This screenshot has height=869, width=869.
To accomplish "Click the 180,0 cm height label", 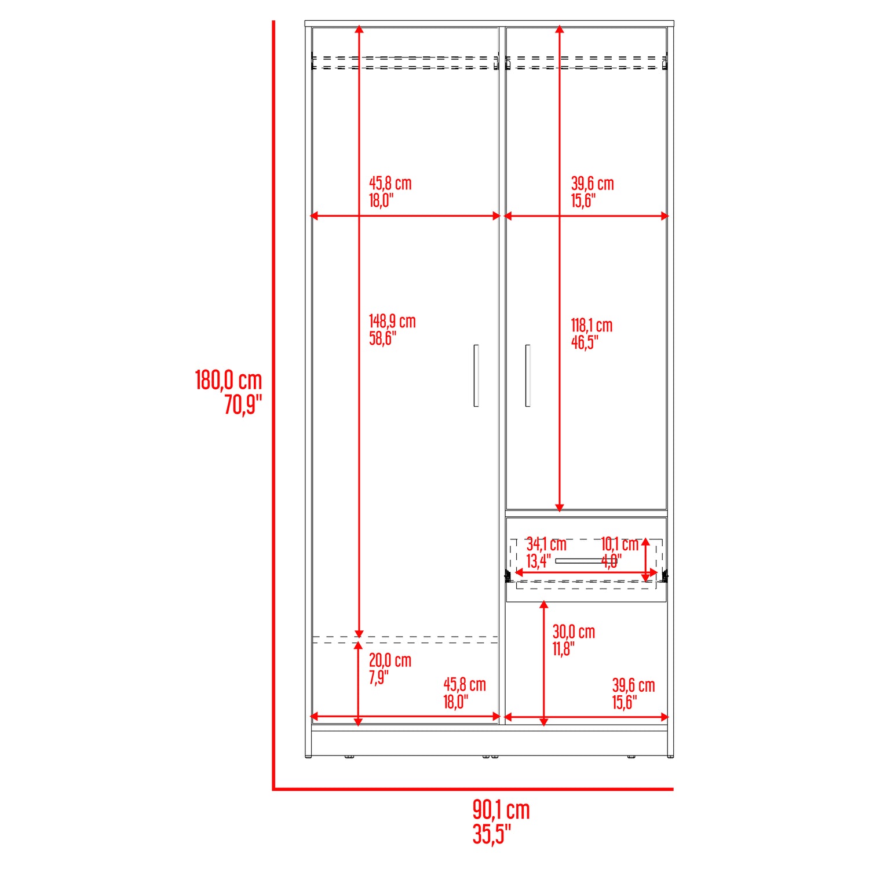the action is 229,381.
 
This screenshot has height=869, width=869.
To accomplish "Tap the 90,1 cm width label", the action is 501,810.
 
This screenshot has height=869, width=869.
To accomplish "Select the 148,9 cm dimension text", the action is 392,322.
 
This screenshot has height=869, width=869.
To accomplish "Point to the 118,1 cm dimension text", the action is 591,326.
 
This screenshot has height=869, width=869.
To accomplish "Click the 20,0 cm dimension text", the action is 390,660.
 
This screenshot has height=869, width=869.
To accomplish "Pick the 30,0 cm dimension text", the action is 574,632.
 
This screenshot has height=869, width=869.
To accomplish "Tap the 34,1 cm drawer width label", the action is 546,544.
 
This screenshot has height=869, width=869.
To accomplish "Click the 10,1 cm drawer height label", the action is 619,544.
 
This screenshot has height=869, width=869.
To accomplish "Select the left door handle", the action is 476,375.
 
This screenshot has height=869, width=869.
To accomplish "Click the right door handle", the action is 527,375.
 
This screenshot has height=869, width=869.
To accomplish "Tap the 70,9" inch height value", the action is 243,404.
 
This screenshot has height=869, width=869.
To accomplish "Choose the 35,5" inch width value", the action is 492,834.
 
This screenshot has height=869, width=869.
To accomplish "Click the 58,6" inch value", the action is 383,339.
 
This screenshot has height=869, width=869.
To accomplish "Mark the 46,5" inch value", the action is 585,342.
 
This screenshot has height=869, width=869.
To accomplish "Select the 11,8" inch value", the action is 563,649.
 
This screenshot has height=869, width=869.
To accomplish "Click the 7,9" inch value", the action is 379,677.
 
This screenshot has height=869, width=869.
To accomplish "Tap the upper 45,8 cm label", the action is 390,184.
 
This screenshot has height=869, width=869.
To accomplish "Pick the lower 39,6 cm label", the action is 634,685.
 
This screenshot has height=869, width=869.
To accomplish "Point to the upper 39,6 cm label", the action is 593,184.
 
